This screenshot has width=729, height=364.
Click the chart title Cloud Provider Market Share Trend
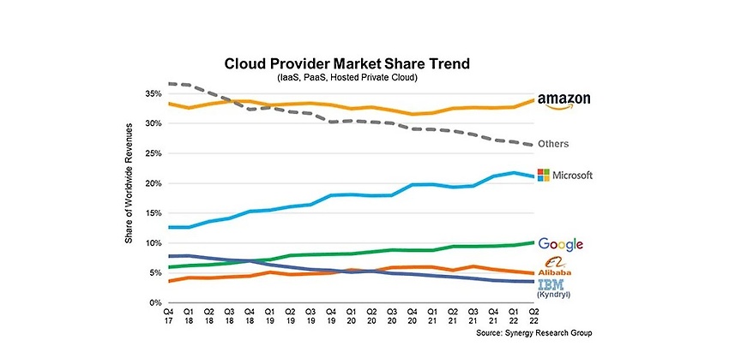346,63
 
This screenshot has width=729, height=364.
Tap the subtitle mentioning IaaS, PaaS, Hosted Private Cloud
346,78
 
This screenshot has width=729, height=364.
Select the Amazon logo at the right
564,101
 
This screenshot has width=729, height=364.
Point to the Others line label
553,144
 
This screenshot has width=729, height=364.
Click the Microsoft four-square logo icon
543,175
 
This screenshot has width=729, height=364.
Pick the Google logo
560,244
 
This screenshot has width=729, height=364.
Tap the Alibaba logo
554,266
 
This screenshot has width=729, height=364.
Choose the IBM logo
551,284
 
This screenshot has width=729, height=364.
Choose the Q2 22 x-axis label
534,317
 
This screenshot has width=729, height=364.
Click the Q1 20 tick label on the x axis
352,317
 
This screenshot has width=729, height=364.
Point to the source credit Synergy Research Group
533,333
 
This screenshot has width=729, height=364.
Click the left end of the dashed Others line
168,84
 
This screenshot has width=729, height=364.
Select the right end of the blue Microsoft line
533,176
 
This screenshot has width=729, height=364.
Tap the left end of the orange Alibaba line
168,282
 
